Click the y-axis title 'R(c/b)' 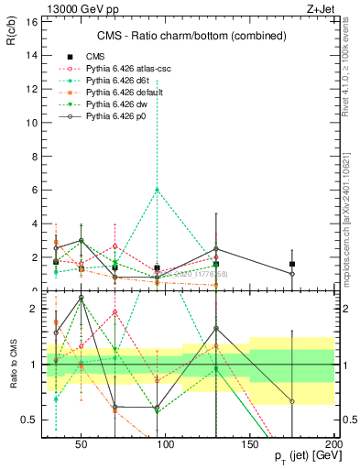(14, 33)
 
